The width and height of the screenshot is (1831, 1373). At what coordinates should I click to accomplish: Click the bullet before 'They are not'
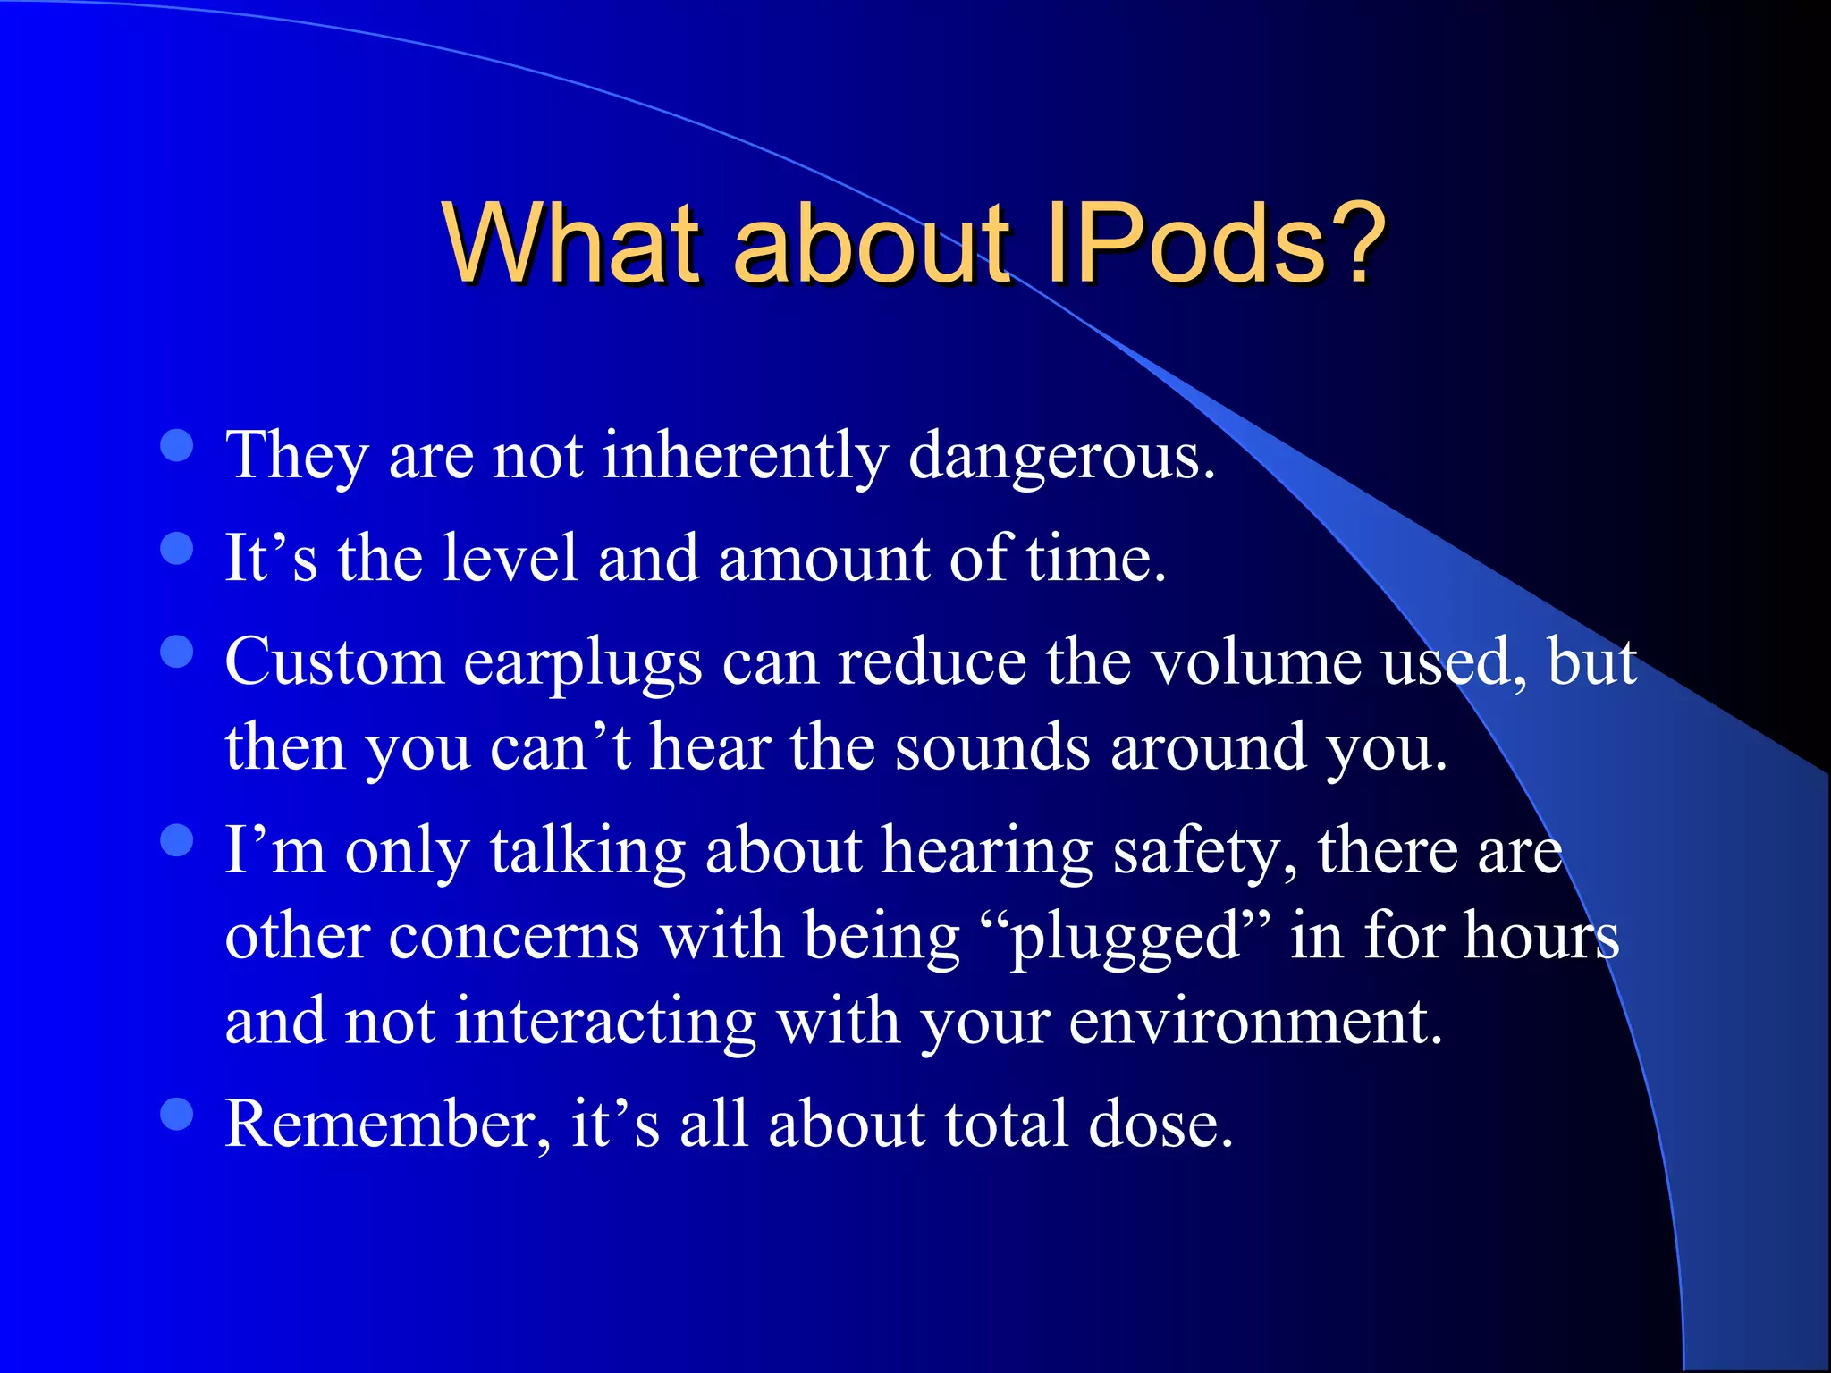(177, 445)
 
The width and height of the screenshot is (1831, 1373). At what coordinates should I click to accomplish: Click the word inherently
(745, 456)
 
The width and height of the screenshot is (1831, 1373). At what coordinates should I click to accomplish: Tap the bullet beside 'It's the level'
(177, 548)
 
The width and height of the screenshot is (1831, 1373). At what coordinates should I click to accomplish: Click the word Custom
(333, 663)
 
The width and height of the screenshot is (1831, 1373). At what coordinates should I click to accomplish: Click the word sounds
(991, 748)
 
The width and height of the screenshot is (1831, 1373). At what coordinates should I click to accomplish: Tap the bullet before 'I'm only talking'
(177, 840)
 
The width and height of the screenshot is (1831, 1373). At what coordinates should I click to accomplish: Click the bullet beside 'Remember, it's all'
(177, 1114)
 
